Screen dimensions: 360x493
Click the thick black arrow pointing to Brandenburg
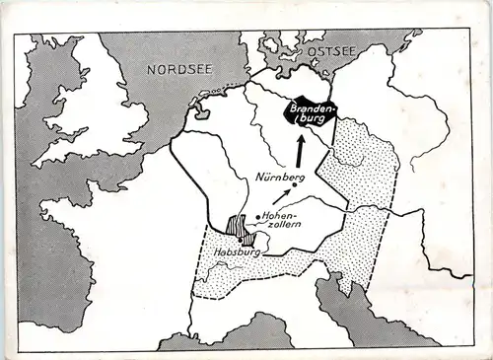coord(300,150)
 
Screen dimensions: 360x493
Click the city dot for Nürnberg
coord(294,185)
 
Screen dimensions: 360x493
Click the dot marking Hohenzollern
coord(258,217)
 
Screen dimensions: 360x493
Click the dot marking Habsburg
coord(241,240)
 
